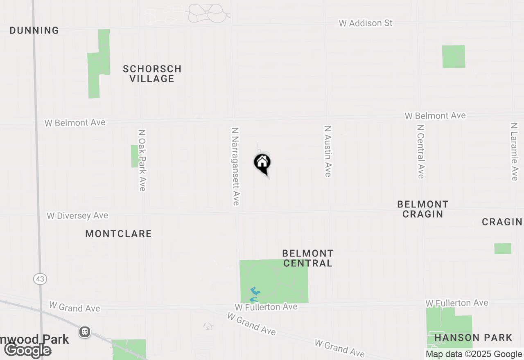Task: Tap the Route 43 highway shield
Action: pos(40,279)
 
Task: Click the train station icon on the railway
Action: pos(85,331)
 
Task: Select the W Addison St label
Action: pos(366,23)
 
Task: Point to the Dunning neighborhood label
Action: pos(34,31)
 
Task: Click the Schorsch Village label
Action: pos(152,74)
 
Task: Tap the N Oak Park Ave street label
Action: pos(142,160)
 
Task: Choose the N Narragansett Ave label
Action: pos(235,166)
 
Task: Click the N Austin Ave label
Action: pos(327,151)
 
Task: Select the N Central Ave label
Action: pos(420,151)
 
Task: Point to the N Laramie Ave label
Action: pos(514,151)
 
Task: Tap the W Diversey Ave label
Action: pos(77,216)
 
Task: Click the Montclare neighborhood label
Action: pos(119,234)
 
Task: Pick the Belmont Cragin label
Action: pos(423,209)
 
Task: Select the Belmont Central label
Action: pos(308,258)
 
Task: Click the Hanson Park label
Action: pos(473,338)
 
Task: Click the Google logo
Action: pos(28,350)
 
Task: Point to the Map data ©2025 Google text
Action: pos(474,354)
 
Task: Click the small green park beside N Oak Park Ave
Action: pos(134,156)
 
